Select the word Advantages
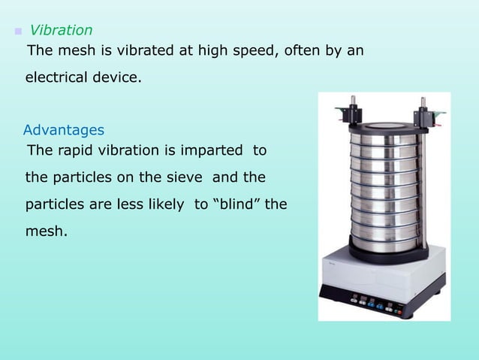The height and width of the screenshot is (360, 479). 64,129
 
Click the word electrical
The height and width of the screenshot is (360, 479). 62,77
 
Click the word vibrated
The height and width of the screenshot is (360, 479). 144,52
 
